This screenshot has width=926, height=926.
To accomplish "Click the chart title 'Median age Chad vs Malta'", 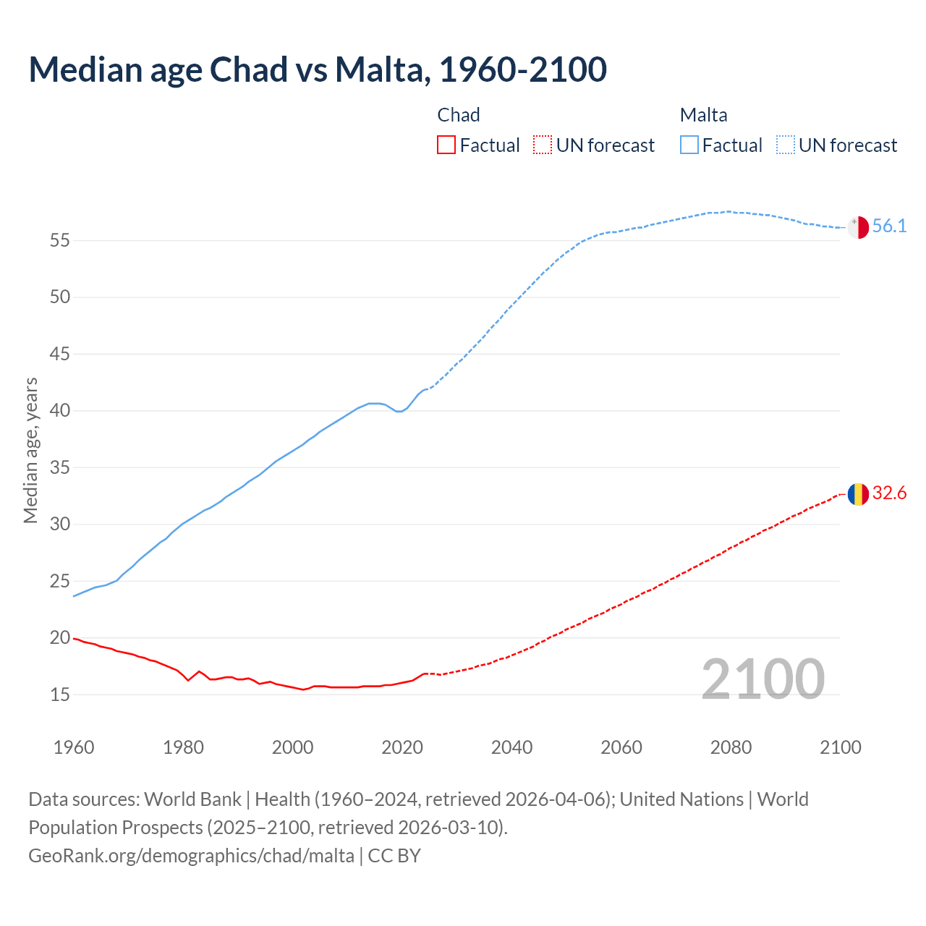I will click(x=317, y=69).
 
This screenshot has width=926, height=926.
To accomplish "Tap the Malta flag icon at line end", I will click(x=858, y=226).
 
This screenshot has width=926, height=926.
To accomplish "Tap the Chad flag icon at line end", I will click(x=858, y=494).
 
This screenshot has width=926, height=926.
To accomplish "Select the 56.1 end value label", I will click(x=889, y=226).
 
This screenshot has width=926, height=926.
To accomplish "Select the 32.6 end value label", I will click(x=889, y=493).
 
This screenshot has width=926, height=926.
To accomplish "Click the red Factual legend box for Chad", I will click(x=446, y=145).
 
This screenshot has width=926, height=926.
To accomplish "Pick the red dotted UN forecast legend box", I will click(x=543, y=145).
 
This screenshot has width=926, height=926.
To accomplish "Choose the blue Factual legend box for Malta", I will click(x=689, y=145).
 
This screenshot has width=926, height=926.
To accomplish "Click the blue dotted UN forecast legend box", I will click(x=786, y=145).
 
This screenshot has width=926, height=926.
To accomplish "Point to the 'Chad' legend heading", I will click(x=459, y=115).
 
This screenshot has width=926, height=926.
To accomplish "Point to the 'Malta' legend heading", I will click(x=703, y=115).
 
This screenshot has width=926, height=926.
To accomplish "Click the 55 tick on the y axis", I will click(x=60, y=240).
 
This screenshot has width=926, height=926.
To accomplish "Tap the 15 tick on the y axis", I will click(x=60, y=694).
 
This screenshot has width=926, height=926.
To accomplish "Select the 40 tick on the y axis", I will click(x=60, y=411).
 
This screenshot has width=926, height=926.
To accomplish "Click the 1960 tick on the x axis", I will click(x=74, y=747).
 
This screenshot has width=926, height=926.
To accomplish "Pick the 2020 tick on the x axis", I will click(x=402, y=747).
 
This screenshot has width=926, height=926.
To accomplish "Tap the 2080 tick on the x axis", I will click(x=731, y=747).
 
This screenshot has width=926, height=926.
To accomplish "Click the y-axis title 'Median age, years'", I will click(x=30, y=450).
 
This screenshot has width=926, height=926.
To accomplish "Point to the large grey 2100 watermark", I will click(x=763, y=679).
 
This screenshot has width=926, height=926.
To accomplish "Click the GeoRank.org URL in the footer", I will click(x=191, y=856).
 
